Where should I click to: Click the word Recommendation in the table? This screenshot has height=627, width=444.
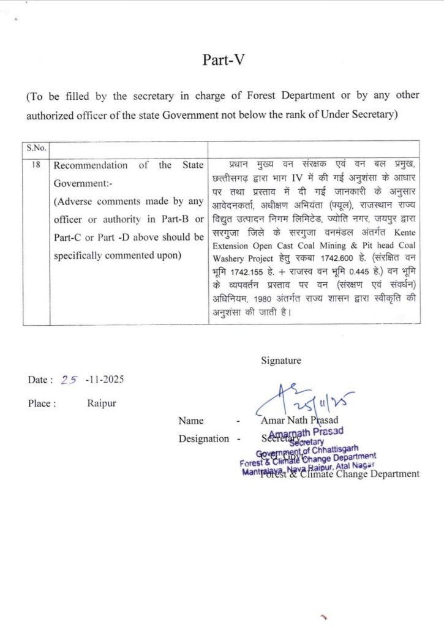(91, 165)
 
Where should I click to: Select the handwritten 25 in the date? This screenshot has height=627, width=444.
(70, 380)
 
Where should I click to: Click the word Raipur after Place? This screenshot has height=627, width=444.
(101, 404)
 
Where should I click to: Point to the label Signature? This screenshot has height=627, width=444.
(281, 361)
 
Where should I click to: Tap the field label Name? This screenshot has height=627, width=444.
(191, 421)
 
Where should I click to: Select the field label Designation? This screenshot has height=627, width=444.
(204, 438)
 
